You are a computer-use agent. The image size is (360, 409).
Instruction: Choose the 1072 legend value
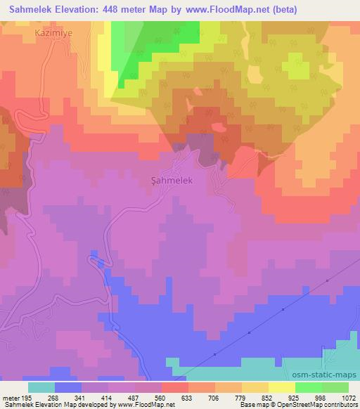click(347, 397)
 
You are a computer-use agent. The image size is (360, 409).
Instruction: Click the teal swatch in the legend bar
click(41, 387)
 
